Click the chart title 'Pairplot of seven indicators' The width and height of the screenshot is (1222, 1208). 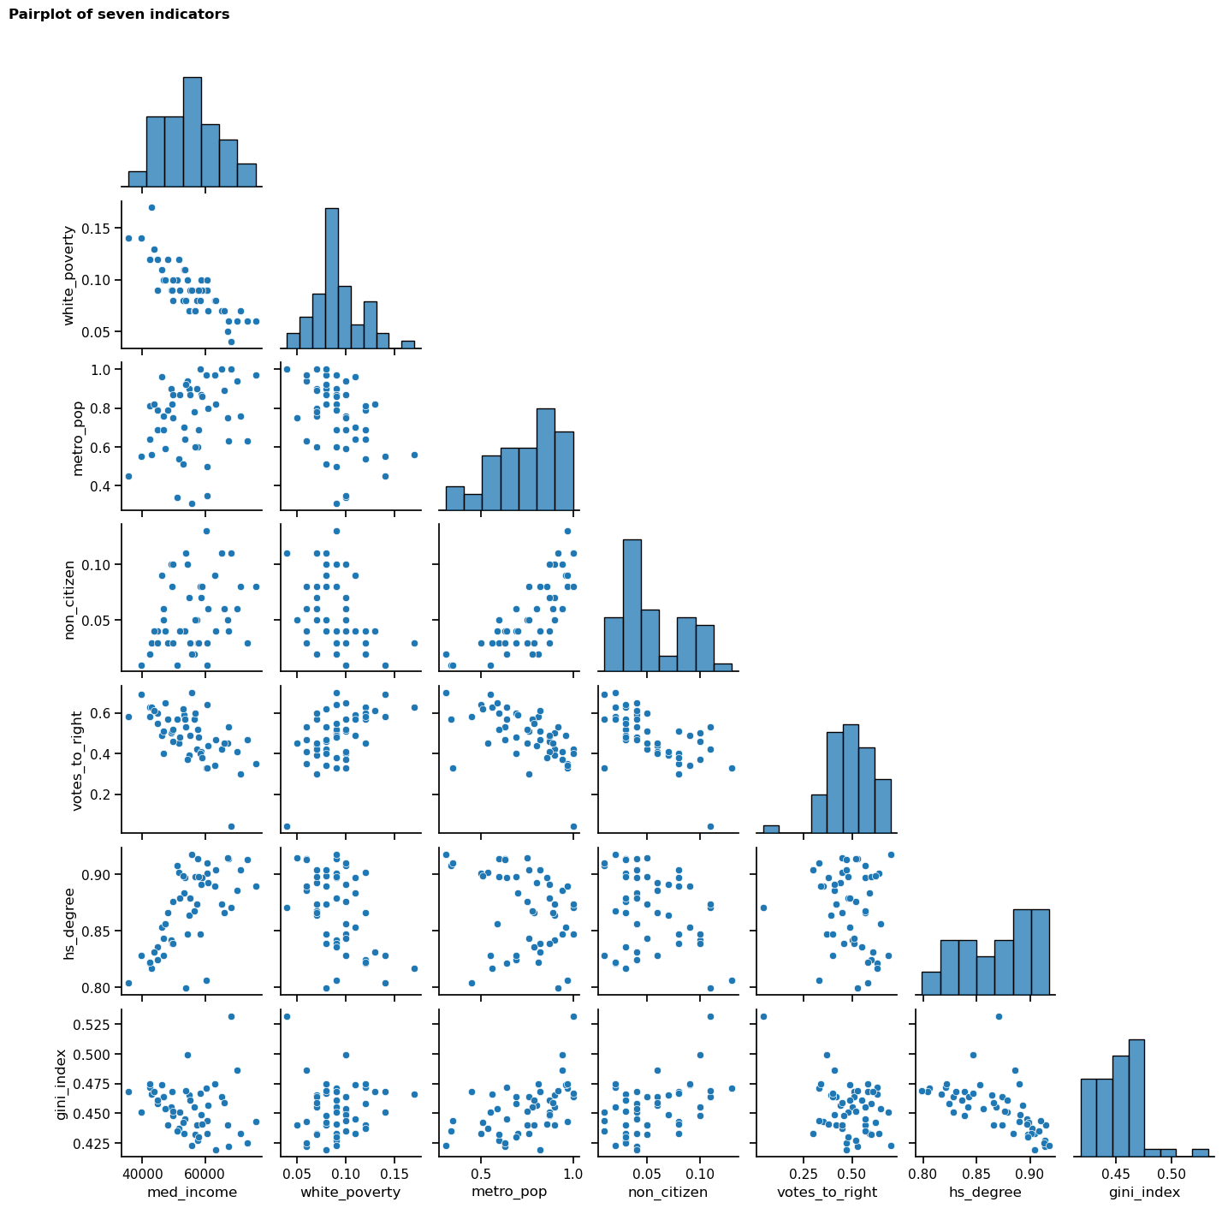click(x=119, y=15)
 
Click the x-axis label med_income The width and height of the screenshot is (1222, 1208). click(x=192, y=1192)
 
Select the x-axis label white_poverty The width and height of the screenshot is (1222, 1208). click(x=351, y=1192)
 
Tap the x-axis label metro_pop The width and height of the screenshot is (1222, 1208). click(x=509, y=1192)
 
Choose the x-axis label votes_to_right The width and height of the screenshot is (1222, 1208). click(x=827, y=1192)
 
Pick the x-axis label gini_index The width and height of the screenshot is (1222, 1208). click(x=1144, y=1192)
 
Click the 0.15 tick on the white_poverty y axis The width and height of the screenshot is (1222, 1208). click(x=99, y=229)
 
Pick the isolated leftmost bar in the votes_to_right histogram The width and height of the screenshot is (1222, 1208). click(x=771, y=828)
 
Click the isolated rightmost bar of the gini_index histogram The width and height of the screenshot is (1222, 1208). click(x=1201, y=1152)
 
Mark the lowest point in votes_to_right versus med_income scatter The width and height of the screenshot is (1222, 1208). click(x=231, y=826)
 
